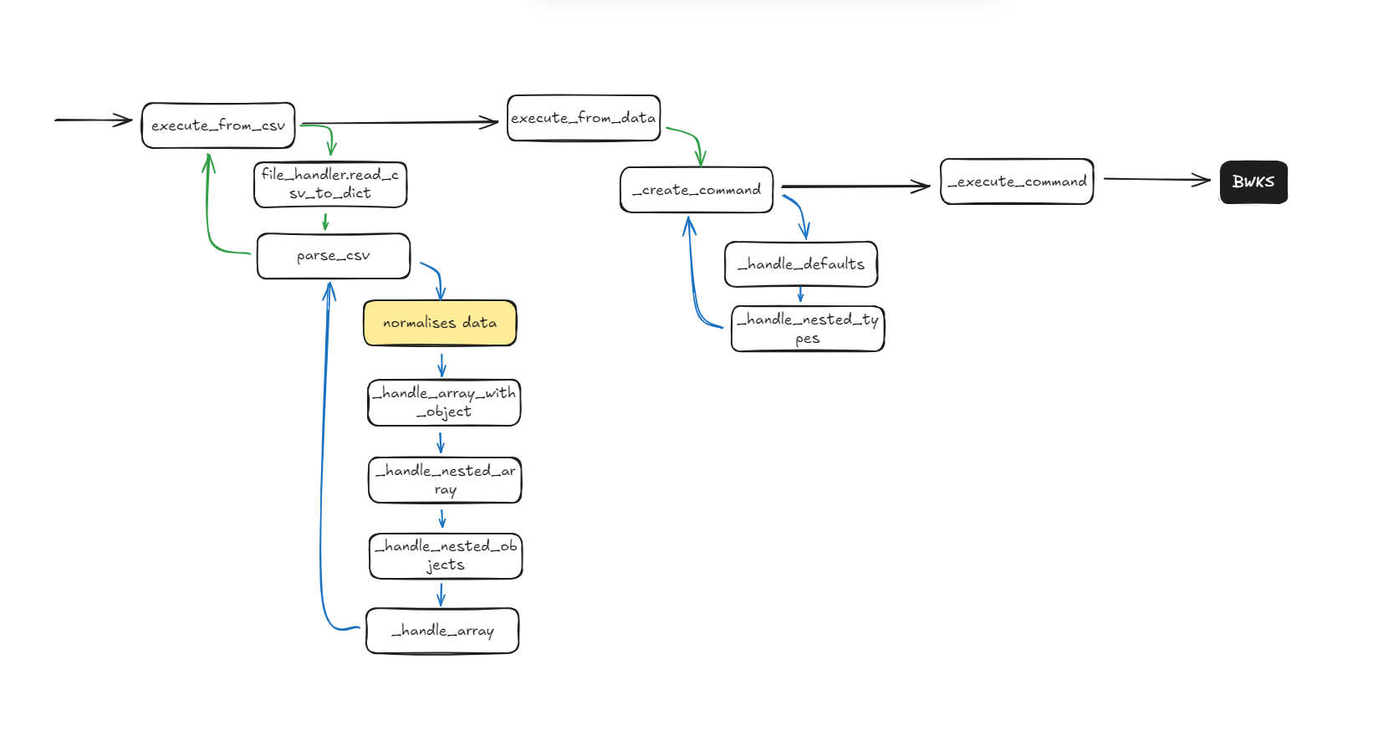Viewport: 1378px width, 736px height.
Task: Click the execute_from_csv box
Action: (x=218, y=125)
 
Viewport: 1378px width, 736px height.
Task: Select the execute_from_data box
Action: (x=584, y=118)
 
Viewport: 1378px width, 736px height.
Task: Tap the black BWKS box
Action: (x=1253, y=182)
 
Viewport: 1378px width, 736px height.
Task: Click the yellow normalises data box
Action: (x=440, y=323)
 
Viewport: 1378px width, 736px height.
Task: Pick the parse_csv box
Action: (x=334, y=256)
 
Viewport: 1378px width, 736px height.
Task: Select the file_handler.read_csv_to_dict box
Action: (x=330, y=184)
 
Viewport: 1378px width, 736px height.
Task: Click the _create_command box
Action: (x=697, y=190)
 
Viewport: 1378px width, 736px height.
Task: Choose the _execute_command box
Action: (x=1017, y=181)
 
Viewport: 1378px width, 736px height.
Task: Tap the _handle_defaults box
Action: (x=801, y=264)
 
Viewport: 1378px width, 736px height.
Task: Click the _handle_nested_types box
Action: (x=808, y=329)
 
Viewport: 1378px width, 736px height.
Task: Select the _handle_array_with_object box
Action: (x=444, y=402)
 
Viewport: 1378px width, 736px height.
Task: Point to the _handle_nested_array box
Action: (x=445, y=480)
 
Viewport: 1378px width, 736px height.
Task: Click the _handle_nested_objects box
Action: (x=446, y=556)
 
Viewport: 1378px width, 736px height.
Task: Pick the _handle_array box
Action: (x=442, y=631)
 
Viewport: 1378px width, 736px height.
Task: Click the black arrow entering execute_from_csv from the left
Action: (x=92, y=120)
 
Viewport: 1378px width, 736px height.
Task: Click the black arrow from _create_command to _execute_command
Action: (x=853, y=187)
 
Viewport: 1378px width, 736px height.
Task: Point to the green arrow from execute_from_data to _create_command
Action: (x=692, y=139)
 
